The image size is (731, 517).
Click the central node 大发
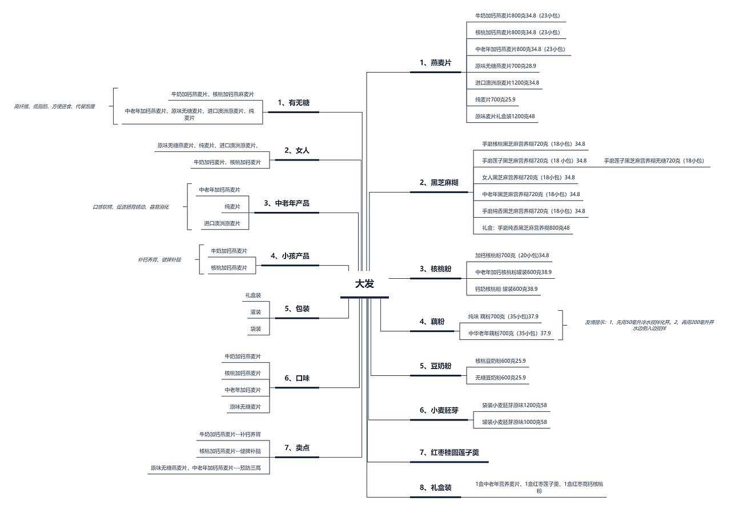(x=364, y=284)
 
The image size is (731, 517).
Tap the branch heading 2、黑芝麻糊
(x=439, y=183)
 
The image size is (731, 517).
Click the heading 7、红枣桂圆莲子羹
(x=449, y=452)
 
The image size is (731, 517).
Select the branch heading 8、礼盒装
(x=435, y=488)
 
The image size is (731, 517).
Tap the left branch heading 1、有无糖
(x=294, y=103)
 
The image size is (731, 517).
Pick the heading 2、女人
(x=297, y=151)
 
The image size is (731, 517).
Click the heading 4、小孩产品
(x=294, y=256)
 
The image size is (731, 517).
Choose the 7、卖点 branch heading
(x=297, y=448)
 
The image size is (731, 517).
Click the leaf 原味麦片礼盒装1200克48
(x=505, y=117)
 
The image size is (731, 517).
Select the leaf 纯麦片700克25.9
(x=495, y=100)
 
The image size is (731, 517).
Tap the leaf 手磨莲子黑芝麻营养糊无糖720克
(x=653, y=161)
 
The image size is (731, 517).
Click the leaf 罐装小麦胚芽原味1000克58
(x=514, y=422)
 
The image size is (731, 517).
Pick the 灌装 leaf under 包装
(x=255, y=312)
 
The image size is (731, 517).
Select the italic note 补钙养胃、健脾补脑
(x=159, y=260)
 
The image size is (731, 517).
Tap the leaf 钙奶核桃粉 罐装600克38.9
(x=506, y=289)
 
